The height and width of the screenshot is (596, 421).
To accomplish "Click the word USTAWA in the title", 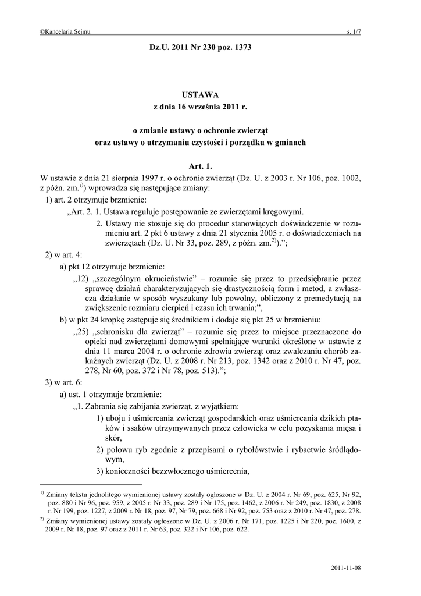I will coord(200,94).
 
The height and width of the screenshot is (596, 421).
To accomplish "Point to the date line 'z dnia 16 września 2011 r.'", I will coord(200,107).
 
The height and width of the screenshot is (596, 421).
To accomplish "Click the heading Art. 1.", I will coord(200,166).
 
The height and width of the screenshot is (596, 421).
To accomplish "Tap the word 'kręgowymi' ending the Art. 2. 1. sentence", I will coord(281,211).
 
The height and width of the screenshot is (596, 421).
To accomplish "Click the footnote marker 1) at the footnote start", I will coord(42,491).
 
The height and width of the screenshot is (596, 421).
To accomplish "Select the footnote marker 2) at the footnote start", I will coord(42,517).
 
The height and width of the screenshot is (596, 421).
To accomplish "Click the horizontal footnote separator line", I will coord(90,484).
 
